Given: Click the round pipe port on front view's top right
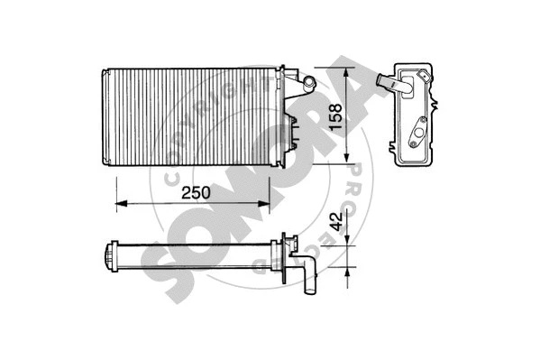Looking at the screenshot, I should click(306, 82).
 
